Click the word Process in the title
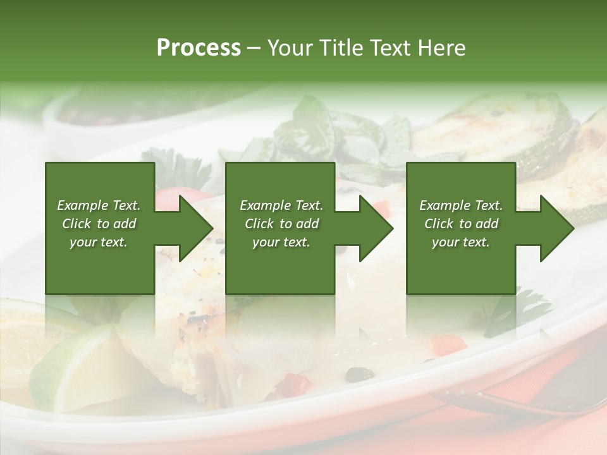[x=199, y=48]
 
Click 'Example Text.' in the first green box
[x=99, y=205]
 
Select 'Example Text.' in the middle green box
[x=281, y=205]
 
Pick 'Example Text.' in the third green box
[x=461, y=205]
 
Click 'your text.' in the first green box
[x=99, y=242]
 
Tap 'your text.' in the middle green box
[x=281, y=242]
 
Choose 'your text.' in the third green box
[x=461, y=242]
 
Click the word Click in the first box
[x=77, y=224]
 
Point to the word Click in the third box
[x=439, y=224]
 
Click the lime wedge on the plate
[x=76, y=367]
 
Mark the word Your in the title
[x=288, y=48]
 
